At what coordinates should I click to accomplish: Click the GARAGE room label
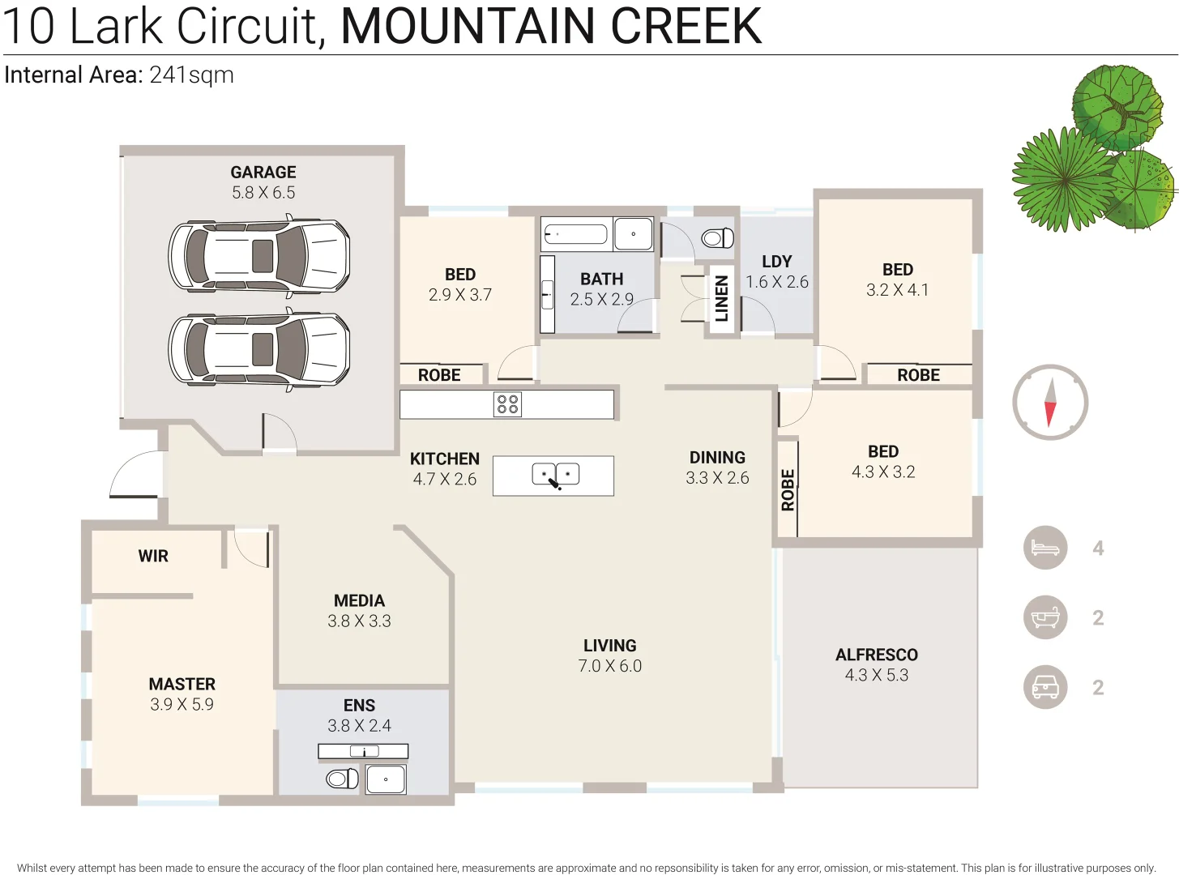(263, 173)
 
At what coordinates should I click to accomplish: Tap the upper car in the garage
(259, 256)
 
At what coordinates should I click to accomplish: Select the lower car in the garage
(259, 350)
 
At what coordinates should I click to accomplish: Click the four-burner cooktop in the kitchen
(507, 404)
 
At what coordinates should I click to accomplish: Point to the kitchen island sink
(556, 475)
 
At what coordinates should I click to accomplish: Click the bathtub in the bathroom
(576, 235)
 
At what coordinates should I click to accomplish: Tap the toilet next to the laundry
(717, 237)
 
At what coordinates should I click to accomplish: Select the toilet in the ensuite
(342, 779)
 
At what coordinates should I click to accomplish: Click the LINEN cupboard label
(722, 298)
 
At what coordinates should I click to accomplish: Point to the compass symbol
(1050, 403)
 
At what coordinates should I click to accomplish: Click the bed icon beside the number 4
(1045, 548)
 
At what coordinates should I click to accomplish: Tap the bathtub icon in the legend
(1045, 618)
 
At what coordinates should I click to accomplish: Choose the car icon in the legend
(1045, 688)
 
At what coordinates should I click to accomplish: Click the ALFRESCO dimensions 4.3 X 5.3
(877, 675)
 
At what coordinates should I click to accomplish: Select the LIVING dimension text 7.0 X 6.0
(609, 666)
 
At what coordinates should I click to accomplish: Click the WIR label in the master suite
(153, 557)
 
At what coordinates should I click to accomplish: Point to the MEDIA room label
(359, 601)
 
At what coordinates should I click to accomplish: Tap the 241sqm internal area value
(192, 75)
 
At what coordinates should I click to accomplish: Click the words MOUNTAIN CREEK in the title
(551, 26)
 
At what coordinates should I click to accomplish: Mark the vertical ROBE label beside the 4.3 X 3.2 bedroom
(788, 489)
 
